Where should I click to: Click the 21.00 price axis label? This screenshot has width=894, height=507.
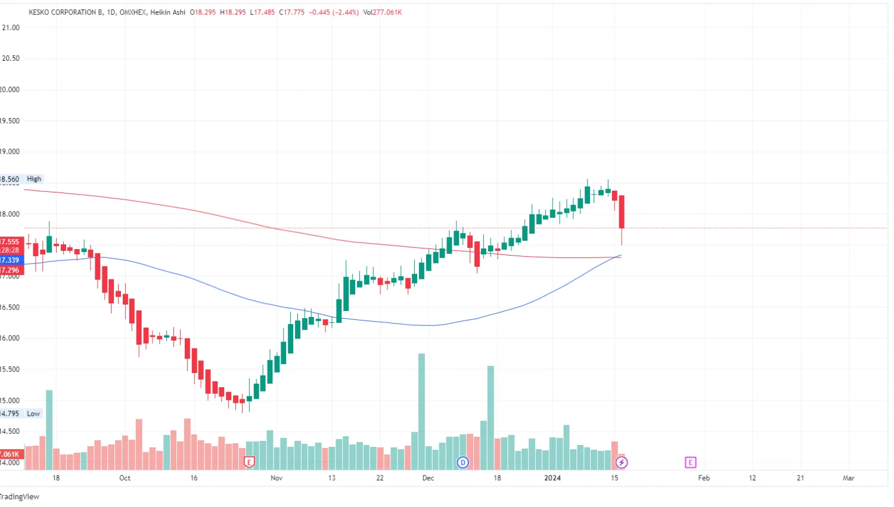pyautogui.click(x=11, y=27)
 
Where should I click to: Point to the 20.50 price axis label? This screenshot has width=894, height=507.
pyautogui.click(x=11, y=58)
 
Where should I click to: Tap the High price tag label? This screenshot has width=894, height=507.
pyautogui.click(x=34, y=179)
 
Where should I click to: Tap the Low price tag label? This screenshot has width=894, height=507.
pyautogui.click(x=33, y=413)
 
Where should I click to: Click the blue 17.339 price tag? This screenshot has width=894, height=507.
pyautogui.click(x=10, y=260)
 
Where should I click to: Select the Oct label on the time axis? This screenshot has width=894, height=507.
pyautogui.click(x=125, y=478)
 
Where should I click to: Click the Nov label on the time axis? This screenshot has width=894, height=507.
pyautogui.click(x=277, y=478)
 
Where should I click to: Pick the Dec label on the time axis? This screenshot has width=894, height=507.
pyautogui.click(x=428, y=478)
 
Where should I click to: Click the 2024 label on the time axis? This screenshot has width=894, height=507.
pyautogui.click(x=552, y=478)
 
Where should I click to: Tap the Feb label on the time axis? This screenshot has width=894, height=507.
pyautogui.click(x=704, y=478)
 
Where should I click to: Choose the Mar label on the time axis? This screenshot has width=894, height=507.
pyautogui.click(x=849, y=478)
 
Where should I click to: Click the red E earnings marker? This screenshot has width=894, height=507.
pyautogui.click(x=249, y=462)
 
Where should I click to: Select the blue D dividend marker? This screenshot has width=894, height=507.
pyautogui.click(x=462, y=462)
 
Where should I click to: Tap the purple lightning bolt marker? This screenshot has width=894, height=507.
pyautogui.click(x=622, y=462)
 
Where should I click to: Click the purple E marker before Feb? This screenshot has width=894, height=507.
pyautogui.click(x=690, y=462)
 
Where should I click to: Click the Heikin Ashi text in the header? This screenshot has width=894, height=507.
pyautogui.click(x=168, y=12)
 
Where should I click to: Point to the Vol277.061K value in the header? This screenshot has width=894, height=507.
pyautogui.click(x=383, y=12)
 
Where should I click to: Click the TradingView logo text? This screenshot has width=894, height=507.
pyautogui.click(x=20, y=496)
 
